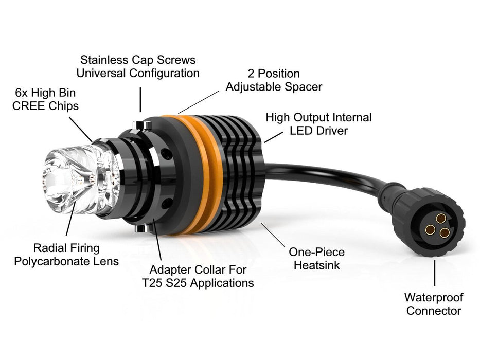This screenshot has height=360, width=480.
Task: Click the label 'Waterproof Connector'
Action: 434,304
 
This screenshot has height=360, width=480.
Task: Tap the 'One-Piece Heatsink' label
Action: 316,258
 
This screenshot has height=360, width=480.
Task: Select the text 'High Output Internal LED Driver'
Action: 318,124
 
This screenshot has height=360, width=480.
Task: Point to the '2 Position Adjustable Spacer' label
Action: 274,80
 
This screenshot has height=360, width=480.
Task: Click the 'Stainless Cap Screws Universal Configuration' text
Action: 138,66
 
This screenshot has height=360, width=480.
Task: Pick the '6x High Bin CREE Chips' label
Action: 45,99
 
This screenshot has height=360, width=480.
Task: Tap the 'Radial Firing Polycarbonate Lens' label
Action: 66,255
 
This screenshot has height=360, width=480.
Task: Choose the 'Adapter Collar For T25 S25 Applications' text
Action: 198,276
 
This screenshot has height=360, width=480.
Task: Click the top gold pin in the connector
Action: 441,219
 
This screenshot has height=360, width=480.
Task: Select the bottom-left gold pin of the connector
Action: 430,229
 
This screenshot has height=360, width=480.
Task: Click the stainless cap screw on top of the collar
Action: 142,125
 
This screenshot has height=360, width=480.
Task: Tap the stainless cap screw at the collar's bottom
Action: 143,228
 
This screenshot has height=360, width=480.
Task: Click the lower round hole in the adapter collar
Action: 167,203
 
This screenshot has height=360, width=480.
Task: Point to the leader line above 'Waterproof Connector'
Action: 435,273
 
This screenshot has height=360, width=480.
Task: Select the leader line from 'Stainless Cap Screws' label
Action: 140,100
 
